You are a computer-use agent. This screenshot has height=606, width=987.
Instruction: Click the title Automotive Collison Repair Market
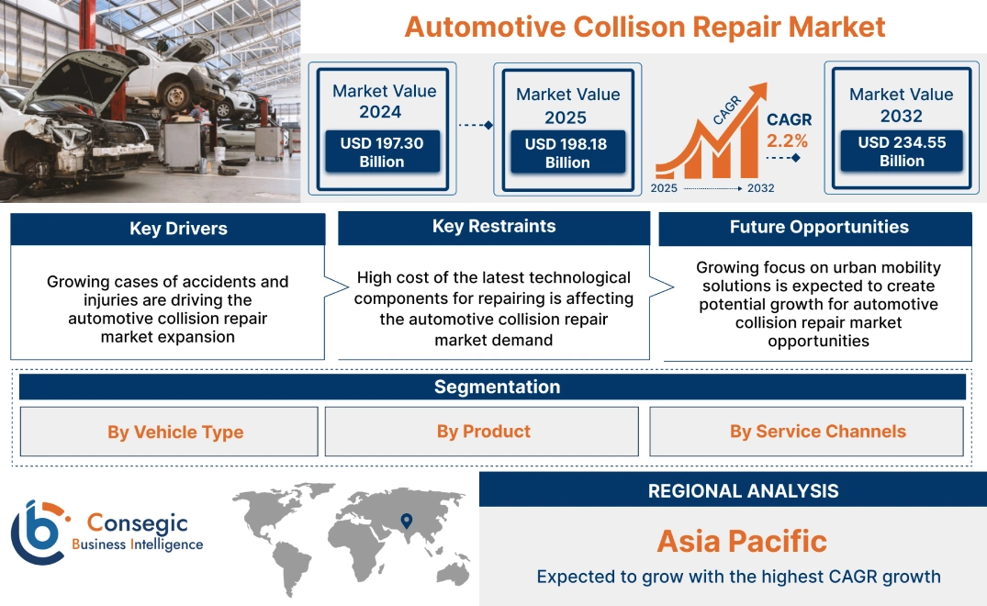pos(645,27)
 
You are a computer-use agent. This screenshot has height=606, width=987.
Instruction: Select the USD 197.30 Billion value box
pos(381,152)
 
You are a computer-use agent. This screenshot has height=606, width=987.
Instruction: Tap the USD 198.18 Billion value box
pos(566,153)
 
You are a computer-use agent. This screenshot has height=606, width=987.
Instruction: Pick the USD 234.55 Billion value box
pos(901,151)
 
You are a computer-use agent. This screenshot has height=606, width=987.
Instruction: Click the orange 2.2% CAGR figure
pos(788,140)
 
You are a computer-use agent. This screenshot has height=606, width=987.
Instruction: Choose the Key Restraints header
pos(494,227)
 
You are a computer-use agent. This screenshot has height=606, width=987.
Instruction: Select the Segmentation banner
pos(497,387)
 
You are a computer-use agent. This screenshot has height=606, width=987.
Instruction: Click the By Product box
pos(483,432)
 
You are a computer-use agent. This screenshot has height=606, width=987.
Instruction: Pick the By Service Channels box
pos(817,432)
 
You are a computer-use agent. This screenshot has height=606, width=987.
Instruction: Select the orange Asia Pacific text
pos(742,541)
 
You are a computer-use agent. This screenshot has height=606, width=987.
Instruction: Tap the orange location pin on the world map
pos(405,521)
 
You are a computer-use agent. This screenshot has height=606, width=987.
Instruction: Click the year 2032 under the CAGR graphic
pos(760,188)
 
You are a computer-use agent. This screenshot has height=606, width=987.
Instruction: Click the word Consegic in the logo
pos(137,523)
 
